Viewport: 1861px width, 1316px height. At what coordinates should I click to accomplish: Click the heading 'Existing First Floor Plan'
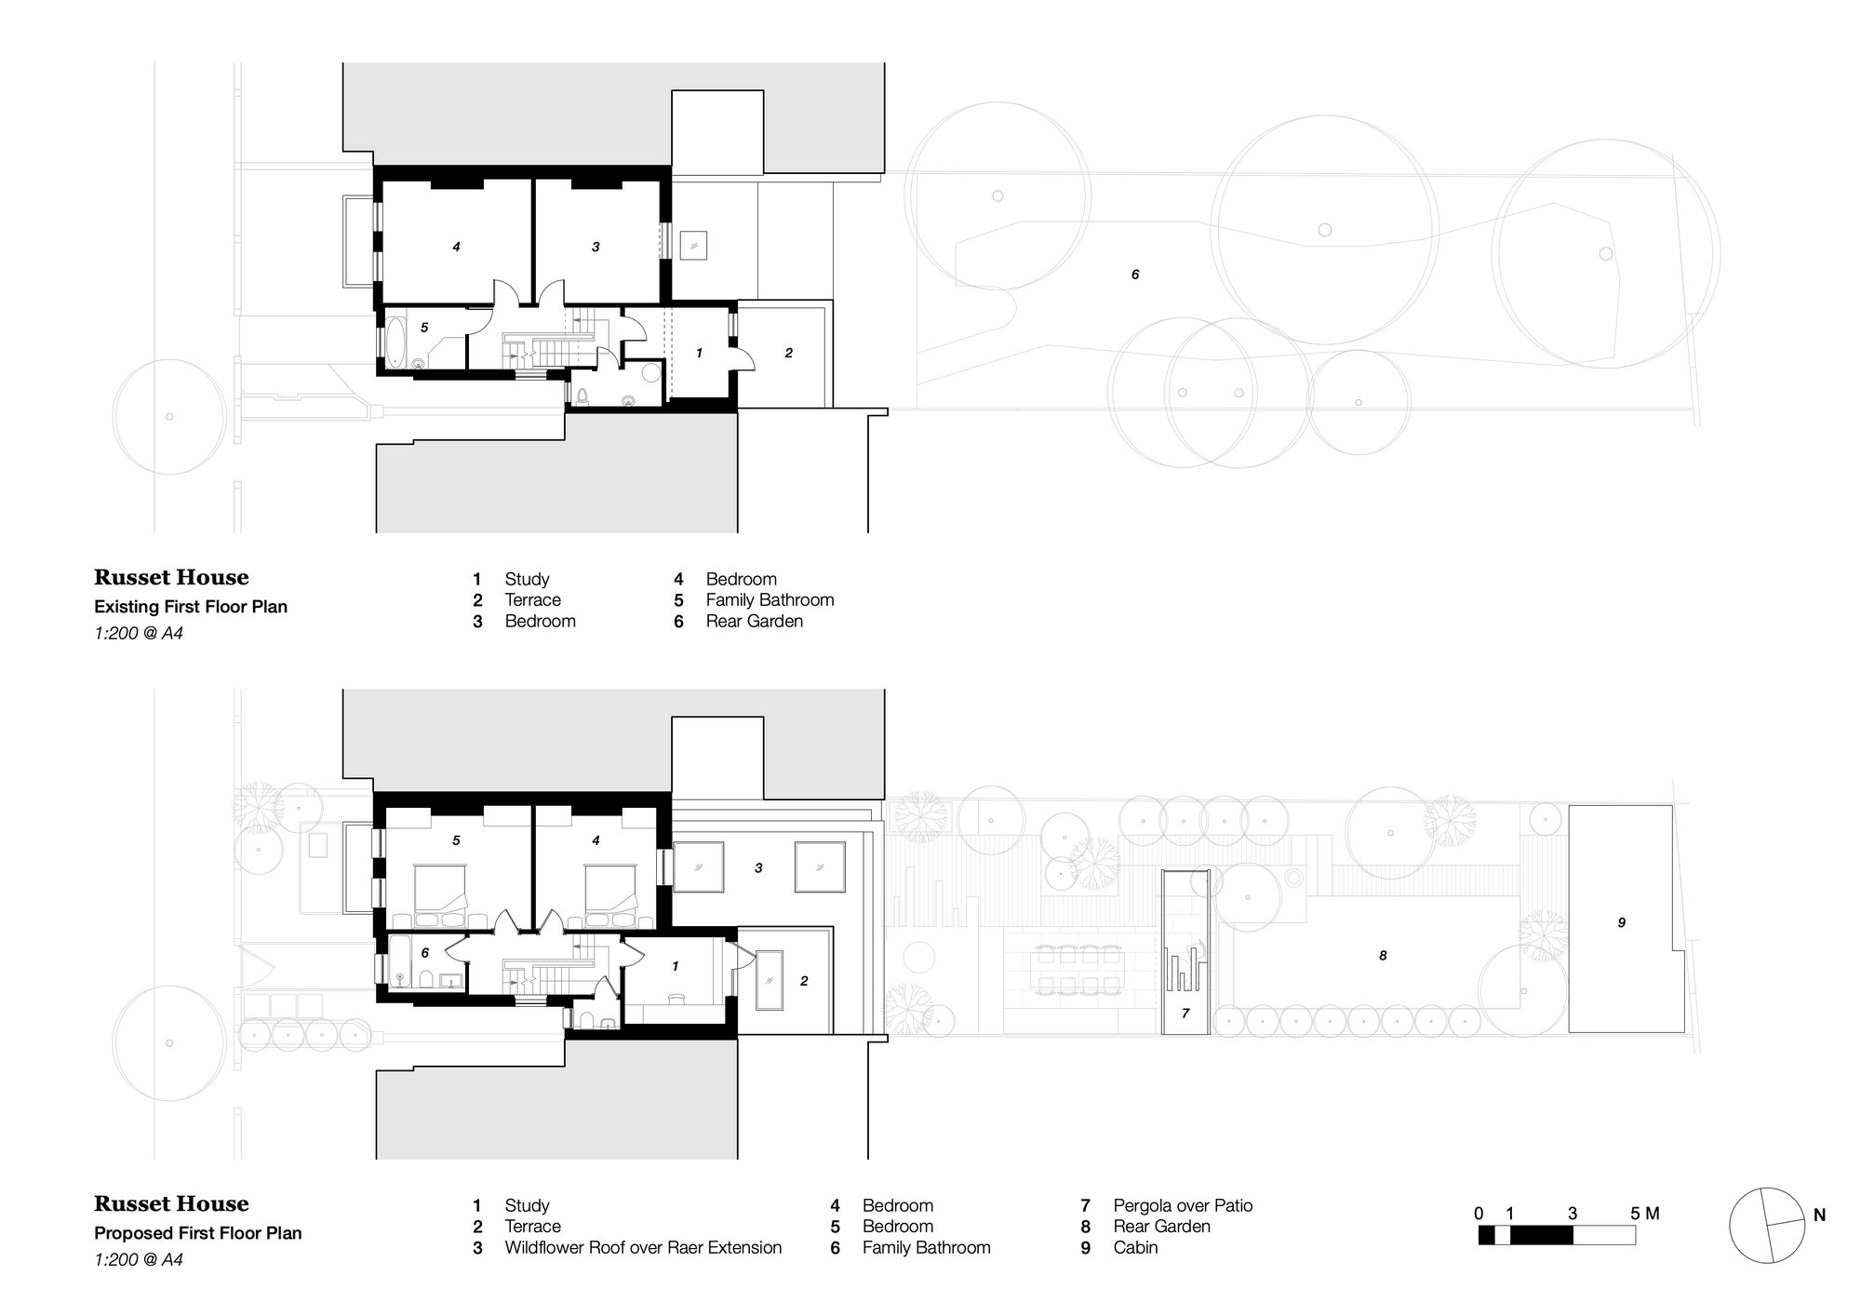(191, 607)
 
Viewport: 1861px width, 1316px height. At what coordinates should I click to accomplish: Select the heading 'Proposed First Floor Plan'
(198, 1233)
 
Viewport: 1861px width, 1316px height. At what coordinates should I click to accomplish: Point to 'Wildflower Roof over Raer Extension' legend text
(643, 1247)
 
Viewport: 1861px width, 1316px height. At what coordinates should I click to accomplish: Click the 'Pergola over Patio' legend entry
(1183, 1205)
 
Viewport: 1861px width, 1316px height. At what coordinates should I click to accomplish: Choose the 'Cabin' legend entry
(1135, 1247)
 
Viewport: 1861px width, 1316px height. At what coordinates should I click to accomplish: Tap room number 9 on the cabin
(1622, 922)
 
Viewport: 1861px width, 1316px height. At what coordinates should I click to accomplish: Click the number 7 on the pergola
(1185, 1014)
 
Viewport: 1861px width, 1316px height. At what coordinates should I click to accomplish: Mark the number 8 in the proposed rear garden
(1383, 955)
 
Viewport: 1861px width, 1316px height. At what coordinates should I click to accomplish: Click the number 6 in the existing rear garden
(1135, 275)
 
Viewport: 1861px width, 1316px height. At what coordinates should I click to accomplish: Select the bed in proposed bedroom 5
(440, 888)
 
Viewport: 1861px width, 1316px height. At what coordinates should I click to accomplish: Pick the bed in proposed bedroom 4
(610, 888)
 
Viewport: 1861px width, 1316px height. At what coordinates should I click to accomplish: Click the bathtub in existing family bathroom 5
(395, 342)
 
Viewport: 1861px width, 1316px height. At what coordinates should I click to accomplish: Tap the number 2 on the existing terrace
(789, 353)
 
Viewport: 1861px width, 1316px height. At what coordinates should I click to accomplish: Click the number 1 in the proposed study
(676, 966)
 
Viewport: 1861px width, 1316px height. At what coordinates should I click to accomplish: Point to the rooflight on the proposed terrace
(770, 980)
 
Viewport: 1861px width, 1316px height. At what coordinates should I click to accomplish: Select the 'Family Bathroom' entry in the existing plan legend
(770, 600)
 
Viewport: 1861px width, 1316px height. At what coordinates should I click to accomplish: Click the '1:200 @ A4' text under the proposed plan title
(139, 1259)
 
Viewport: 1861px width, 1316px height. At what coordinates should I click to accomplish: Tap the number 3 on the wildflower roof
(758, 867)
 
